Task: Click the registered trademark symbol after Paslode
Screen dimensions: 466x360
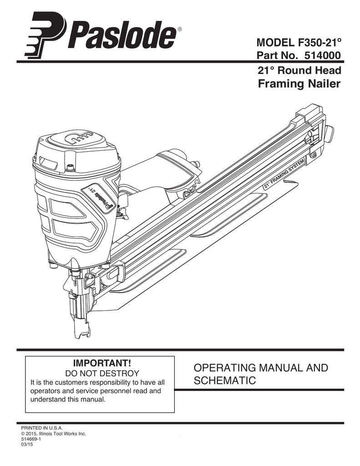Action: tap(179, 30)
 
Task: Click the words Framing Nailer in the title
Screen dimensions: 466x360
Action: tap(299, 84)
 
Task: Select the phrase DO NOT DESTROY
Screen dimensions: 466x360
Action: tap(99, 373)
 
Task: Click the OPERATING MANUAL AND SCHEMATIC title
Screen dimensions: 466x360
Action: tap(260, 374)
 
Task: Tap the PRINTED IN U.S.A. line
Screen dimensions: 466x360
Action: tap(42, 428)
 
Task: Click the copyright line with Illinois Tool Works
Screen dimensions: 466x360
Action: tap(54, 434)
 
